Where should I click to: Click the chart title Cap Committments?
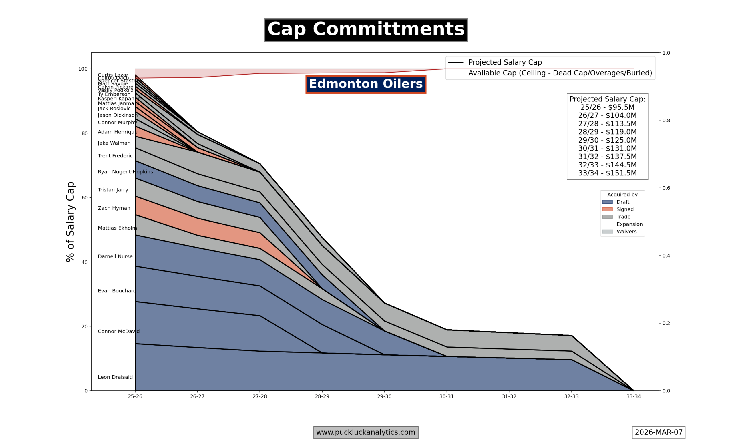pyautogui.click(x=366, y=30)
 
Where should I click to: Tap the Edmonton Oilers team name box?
pyautogui.click(x=366, y=84)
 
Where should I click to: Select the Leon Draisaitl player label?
pyautogui.click(x=115, y=377)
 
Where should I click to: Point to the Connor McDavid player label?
pyautogui.click(x=118, y=331)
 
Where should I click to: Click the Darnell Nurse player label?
pyautogui.click(x=115, y=256)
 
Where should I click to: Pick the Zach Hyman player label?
pyautogui.click(x=114, y=208)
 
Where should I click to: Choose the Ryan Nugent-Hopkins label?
pyautogui.click(x=125, y=172)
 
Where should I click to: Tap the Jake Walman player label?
pyautogui.click(x=114, y=143)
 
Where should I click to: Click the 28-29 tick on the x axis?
pyautogui.click(x=322, y=396)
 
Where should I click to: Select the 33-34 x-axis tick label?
pyautogui.click(x=633, y=396)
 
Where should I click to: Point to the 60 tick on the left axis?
pyautogui.click(x=85, y=198)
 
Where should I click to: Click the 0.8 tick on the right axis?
pyautogui.click(x=666, y=121)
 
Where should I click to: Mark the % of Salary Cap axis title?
pyautogui.click(x=70, y=222)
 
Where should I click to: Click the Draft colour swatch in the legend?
pyautogui.click(x=607, y=202)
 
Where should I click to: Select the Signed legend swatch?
pyautogui.click(x=607, y=209)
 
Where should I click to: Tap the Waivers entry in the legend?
pyautogui.click(x=626, y=232)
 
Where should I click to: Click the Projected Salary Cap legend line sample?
pyautogui.click(x=456, y=62)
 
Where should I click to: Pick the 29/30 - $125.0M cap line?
pyautogui.click(x=607, y=140)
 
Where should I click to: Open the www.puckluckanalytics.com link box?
pyautogui.click(x=366, y=432)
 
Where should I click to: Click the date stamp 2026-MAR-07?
pyautogui.click(x=659, y=432)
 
